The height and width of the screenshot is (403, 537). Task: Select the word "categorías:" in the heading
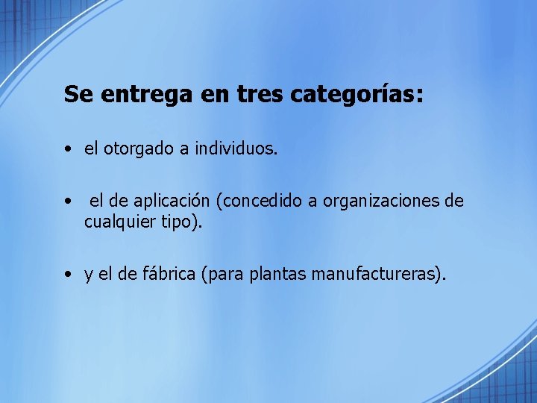pyautogui.click(x=357, y=95)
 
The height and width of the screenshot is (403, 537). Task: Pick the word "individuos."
pyautogui.click(x=236, y=149)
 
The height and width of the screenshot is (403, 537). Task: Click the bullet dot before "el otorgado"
pyautogui.click(x=68, y=149)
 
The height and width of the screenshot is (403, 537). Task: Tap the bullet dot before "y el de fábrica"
pyautogui.click(x=68, y=275)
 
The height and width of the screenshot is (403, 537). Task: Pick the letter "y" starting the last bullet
pyautogui.click(x=89, y=276)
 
